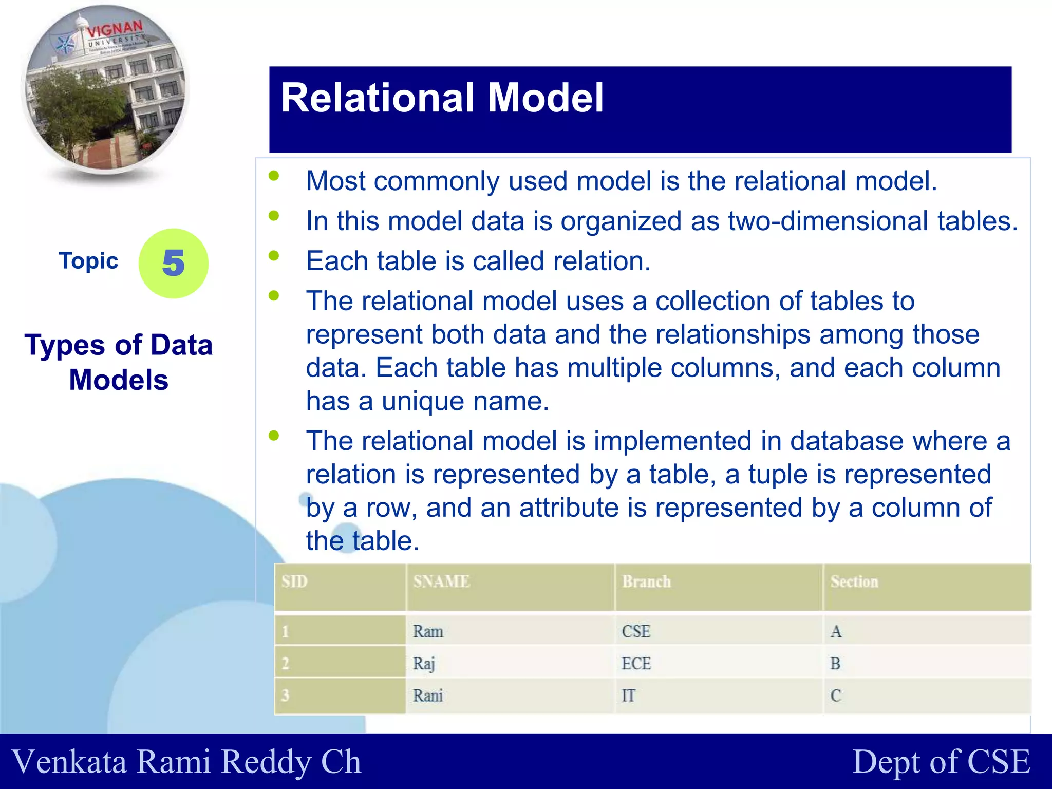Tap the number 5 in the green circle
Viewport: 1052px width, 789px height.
point(174,264)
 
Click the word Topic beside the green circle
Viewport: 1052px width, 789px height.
point(88,261)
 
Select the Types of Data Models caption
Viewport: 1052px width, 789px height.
point(119,362)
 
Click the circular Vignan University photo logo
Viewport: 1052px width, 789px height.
point(105,90)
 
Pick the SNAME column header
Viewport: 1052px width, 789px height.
point(441,581)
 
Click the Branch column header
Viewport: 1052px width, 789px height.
point(646,581)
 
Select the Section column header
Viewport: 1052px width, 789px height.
point(854,581)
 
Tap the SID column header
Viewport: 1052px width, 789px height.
point(294,581)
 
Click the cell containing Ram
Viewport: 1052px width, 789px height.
point(428,631)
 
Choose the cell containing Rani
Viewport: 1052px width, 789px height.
point(428,696)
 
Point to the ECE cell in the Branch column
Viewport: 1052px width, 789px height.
point(636,664)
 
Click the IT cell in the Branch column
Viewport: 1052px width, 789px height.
point(628,696)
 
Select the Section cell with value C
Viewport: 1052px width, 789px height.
point(836,696)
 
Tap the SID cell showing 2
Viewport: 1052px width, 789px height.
point(286,664)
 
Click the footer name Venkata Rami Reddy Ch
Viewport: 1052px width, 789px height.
point(186,761)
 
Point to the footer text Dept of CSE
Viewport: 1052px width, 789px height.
point(941,761)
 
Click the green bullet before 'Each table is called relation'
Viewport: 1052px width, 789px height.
point(274,255)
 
